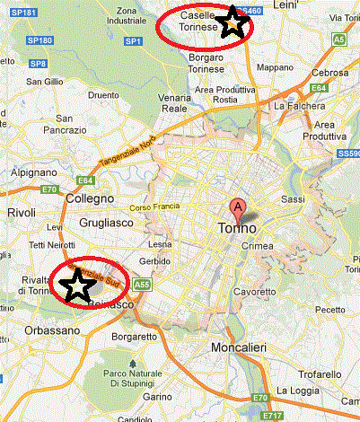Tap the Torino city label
pos(237,229)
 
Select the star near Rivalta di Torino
pos(79,286)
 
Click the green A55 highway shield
pos(142,285)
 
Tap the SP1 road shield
pos(133,41)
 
